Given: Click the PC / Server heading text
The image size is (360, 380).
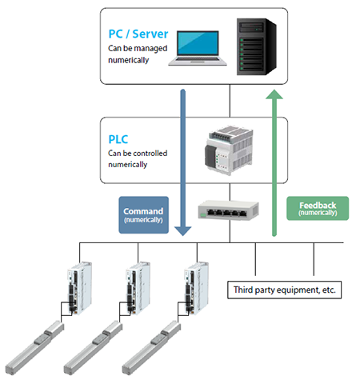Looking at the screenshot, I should click(138, 35).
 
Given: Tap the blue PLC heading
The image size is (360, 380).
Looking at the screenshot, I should click(119, 138).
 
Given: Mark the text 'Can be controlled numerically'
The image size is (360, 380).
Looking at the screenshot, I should click(138, 158).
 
